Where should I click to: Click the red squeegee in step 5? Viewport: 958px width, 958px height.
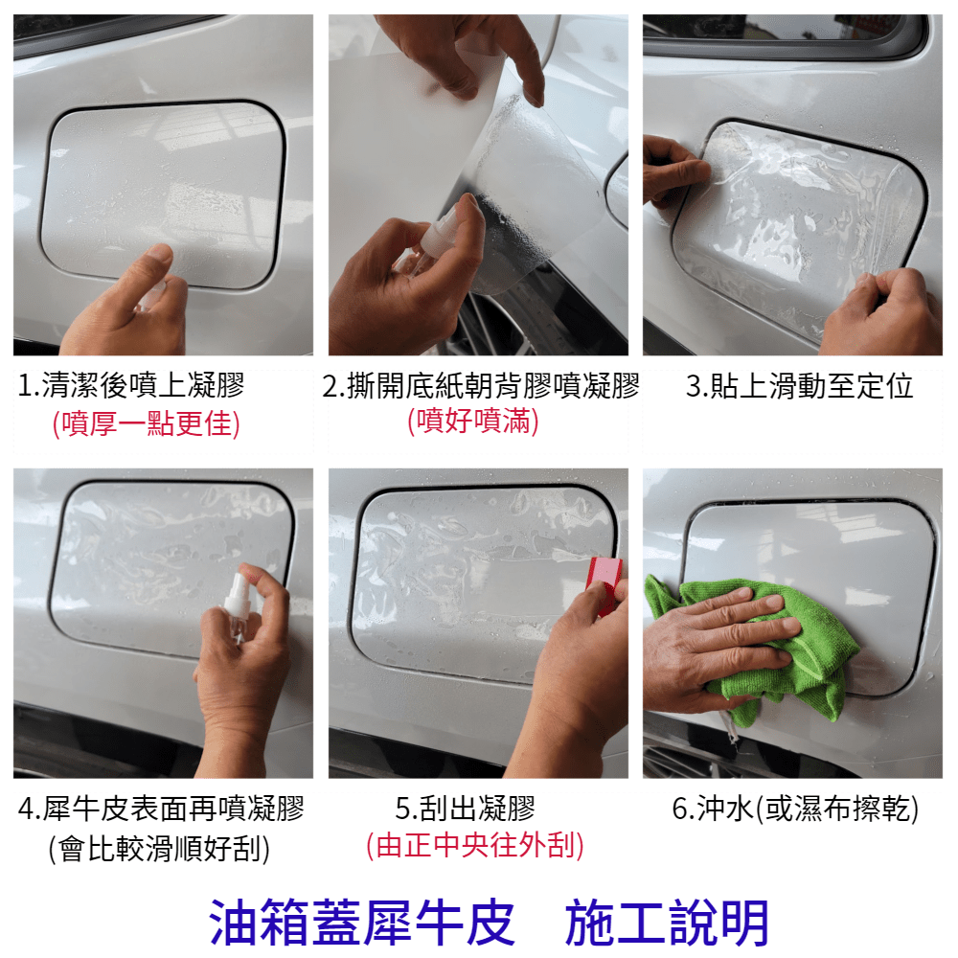coord(604,583)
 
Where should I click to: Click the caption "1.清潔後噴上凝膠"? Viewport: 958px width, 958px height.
coord(130,385)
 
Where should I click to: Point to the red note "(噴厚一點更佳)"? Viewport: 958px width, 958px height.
coord(146,423)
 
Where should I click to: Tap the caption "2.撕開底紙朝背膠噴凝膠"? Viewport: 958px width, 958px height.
coord(480,385)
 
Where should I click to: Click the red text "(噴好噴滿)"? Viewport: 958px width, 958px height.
coord(473,421)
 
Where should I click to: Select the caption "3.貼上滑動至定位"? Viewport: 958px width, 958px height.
coord(799,385)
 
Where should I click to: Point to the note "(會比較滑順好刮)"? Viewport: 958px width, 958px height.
coord(159,848)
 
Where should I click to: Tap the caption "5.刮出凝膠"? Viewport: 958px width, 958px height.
coord(465,808)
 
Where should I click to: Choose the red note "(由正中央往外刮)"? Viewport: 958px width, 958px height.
coord(475,846)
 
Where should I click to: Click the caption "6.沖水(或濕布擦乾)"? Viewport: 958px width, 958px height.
coord(795,808)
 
